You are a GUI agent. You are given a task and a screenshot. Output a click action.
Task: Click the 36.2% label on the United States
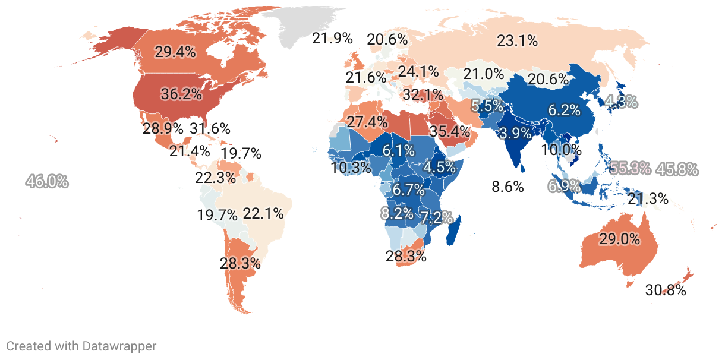pos(181,94)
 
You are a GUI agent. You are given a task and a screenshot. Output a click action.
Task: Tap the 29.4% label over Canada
pos(175,52)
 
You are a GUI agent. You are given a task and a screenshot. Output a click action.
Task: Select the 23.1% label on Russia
pos(517,41)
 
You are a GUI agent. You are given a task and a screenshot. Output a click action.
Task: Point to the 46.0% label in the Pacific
pos(47,182)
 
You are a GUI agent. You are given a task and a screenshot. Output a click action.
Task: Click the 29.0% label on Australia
pos(619,239)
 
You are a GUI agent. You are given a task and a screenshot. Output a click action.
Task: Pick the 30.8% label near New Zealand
pos(666,290)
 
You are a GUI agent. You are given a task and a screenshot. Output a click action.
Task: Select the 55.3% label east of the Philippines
pos(631,168)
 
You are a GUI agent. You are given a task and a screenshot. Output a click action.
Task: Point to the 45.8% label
pos(677,169)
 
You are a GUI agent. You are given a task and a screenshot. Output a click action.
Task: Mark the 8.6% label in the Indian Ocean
pos(508,187)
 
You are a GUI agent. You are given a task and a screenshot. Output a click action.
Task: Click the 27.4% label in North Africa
pos(367,122)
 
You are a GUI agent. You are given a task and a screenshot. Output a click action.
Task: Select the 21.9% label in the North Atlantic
pos(332,39)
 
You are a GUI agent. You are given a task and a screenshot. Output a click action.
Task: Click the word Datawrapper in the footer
pos(119,346)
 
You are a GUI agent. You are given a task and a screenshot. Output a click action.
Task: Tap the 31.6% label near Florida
pos(210,128)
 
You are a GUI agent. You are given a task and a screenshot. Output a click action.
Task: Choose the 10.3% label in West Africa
pos(351,168)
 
